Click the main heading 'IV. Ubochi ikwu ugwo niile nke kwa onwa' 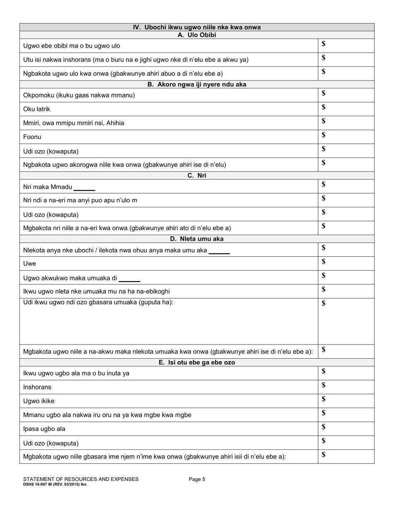click(x=197, y=27)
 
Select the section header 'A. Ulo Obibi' click(x=197, y=35)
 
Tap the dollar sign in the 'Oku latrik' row click(x=323, y=107)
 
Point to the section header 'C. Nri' click(x=197, y=175)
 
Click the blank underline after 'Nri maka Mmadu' click(x=84, y=189)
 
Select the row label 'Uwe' click(x=29, y=264)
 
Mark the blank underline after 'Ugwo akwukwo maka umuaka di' click(x=129, y=280)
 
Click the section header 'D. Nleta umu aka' click(x=197, y=239)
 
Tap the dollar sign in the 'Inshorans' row click(x=323, y=385)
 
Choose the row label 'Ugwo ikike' click(x=39, y=401)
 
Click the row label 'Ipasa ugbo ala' click(x=44, y=429)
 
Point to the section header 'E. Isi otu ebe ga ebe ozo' click(x=197, y=362)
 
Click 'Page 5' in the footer click(x=197, y=479)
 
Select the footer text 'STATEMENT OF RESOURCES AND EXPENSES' click(x=81, y=479)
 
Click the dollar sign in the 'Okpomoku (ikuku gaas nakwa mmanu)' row click(x=323, y=93)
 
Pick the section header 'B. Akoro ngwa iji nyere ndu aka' click(x=197, y=84)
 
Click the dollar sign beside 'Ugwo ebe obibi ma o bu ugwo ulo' click(x=323, y=44)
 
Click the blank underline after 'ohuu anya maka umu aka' click(x=219, y=253)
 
